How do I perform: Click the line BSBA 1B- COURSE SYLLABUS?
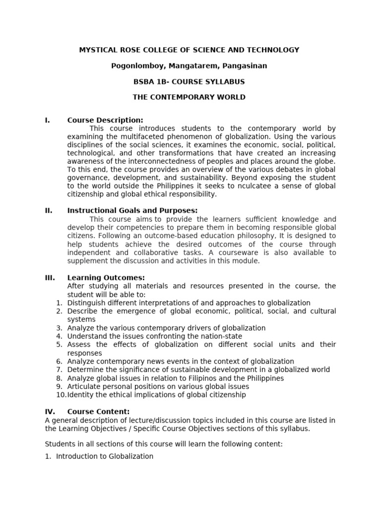click(x=189, y=81)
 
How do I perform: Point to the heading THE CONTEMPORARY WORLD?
click(x=189, y=97)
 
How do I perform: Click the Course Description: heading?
click(x=105, y=120)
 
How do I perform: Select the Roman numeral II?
click(x=49, y=210)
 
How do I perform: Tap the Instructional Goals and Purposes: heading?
click(x=132, y=210)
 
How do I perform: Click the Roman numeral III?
click(x=50, y=277)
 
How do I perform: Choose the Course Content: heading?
click(x=98, y=411)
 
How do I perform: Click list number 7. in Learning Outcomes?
click(x=59, y=370)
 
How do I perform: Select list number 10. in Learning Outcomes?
click(x=61, y=395)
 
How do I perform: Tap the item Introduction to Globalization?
click(x=105, y=456)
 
